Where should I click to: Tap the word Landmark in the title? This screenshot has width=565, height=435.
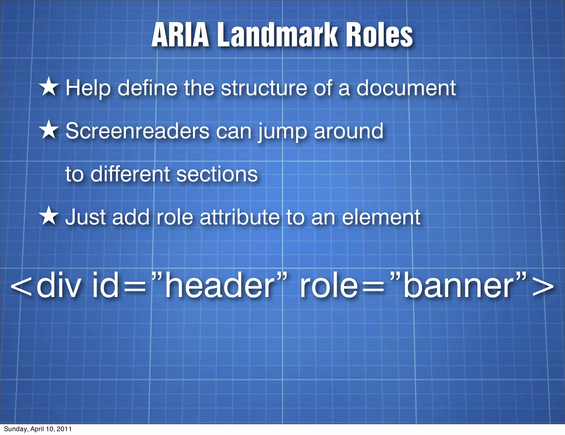click(x=278, y=35)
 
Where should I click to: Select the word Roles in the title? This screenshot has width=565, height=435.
click(x=379, y=35)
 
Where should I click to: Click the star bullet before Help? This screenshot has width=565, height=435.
click(x=49, y=87)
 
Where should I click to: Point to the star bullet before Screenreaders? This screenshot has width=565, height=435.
click(x=49, y=130)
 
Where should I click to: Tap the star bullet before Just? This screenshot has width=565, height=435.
click(x=49, y=216)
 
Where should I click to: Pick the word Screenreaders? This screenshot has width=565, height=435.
click(x=137, y=131)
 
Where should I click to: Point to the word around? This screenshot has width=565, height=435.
click(x=348, y=131)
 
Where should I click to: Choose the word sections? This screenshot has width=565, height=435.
click(x=217, y=175)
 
